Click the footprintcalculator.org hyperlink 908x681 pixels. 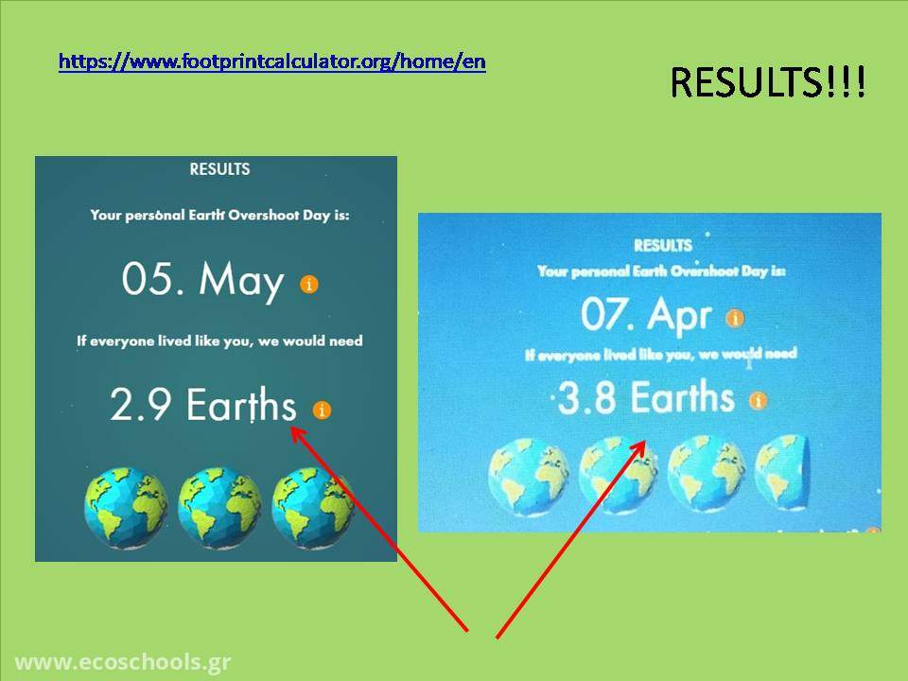(272, 61)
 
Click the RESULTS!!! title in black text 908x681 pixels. (768, 81)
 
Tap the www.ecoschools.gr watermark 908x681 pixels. (123, 662)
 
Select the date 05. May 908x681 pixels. (202, 280)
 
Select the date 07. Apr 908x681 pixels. (646, 315)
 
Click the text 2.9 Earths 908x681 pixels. (203, 404)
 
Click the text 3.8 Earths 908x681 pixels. (646, 397)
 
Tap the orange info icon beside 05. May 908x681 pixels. (309, 285)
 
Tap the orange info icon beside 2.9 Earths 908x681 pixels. (322, 410)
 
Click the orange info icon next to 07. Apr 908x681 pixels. (735, 318)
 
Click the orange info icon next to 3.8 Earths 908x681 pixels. (758, 400)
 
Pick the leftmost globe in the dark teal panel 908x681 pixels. (126, 508)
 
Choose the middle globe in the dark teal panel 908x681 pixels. (219, 508)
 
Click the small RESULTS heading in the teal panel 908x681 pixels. (219, 169)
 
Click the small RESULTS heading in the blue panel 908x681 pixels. (663, 246)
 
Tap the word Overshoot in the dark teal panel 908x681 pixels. (264, 215)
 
